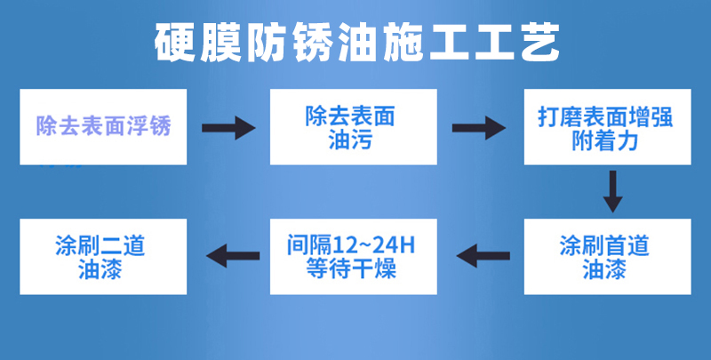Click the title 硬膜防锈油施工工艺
(357, 42)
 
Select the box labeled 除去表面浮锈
(103, 127)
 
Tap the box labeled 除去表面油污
(353, 127)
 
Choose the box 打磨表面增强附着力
(608, 127)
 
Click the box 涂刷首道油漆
(608, 257)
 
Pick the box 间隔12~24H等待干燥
(353, 257)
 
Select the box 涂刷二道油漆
(103, 257)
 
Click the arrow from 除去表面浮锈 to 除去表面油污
(228, 128)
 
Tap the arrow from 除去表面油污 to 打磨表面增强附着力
(479, 128)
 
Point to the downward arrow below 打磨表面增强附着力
(612, 191)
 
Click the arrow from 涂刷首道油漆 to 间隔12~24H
(483, 256)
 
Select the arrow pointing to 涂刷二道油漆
(233, 256)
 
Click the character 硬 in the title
(175, 42)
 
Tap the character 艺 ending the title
(540, 42)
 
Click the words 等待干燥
(351, 268)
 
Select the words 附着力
(605, 140)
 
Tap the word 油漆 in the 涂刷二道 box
(100, 269)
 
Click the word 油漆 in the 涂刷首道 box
(604, 269)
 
